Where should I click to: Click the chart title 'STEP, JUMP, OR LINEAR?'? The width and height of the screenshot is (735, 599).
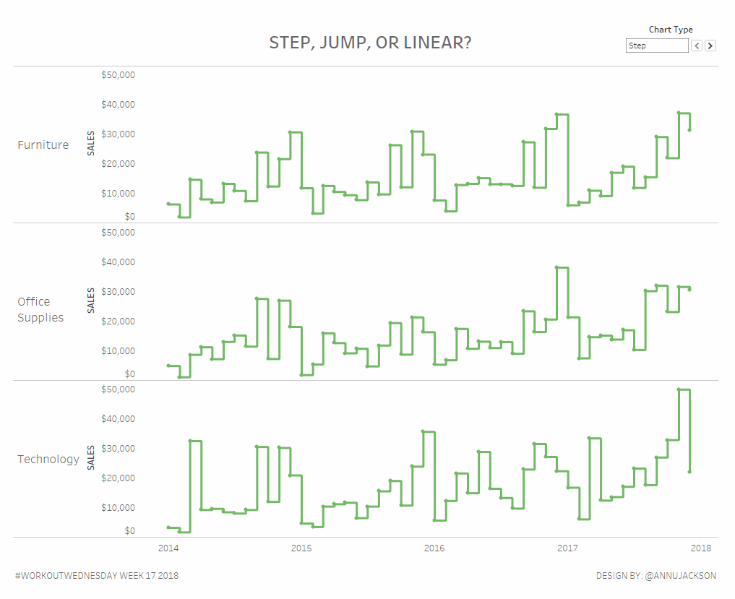coord(370,43)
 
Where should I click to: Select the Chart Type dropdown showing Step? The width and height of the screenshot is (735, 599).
coord(656,46)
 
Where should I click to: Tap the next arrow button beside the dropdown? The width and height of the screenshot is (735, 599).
coord(710,46)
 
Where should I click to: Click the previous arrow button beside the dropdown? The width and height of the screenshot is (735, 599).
coord(697,46)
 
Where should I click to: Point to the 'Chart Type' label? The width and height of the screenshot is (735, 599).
coord(670,30)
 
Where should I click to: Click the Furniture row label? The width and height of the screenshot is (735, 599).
coord(43,145)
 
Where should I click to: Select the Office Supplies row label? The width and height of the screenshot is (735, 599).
coord(40,309)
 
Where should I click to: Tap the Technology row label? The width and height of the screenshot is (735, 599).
coord(48,459)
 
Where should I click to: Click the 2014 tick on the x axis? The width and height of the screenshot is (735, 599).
coord(168,548)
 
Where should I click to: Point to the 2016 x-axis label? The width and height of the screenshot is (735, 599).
coord(434,548)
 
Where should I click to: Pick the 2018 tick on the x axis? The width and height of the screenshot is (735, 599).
coord(700,548)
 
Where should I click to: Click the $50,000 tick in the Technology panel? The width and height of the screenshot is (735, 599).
coord(119,389)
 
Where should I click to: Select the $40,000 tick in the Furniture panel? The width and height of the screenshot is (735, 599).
coord(119,105)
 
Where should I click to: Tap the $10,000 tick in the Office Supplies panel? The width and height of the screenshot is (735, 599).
coord(119,350)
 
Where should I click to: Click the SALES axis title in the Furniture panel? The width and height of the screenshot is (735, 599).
coord(91,145)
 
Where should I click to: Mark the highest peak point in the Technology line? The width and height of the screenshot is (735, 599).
coord(679,389)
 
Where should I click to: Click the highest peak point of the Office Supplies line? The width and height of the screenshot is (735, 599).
coord(556,267)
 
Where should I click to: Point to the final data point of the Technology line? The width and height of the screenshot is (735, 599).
coord(689,472)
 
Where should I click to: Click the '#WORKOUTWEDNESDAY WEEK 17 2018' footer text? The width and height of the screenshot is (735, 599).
coord(96,576)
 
